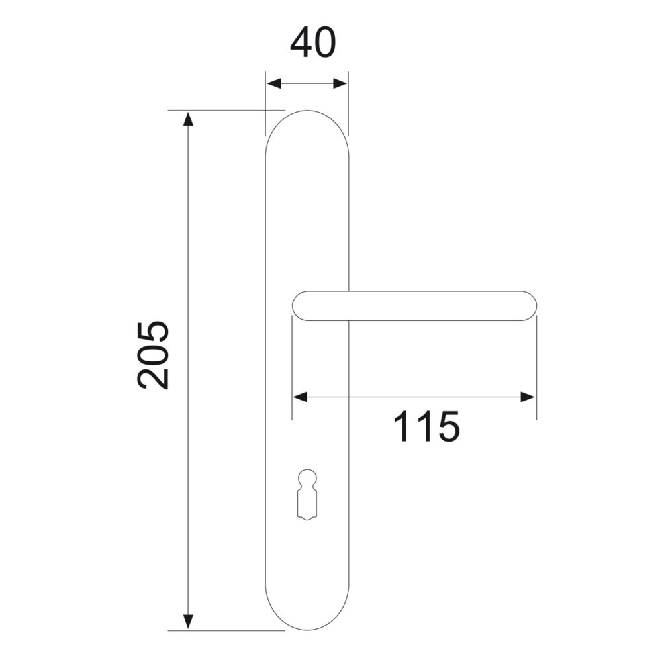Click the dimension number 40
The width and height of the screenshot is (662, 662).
[x=313, y=43]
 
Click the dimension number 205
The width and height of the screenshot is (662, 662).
[x=154, y=355]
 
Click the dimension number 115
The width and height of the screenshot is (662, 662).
[x=426, y=426]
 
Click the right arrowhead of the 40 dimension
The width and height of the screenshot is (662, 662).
[x=340, y=83]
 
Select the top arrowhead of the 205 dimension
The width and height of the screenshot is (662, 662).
[x=189, y=118]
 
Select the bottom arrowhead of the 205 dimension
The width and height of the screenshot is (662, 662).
[x=189, y=621]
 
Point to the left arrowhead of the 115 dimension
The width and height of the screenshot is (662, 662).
[x=300, y=397]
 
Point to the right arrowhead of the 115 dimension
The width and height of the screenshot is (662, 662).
[x=528, y=397]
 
